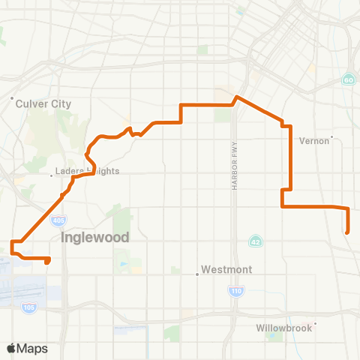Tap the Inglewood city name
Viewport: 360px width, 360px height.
pos(94,237)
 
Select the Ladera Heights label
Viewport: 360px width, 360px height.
pos(87,171)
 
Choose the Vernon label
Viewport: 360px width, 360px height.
pos(314,140)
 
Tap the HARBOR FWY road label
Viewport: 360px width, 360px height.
pos(234,165)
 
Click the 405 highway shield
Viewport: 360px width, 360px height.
pos(58,220)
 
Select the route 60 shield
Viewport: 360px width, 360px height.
pos(348,79)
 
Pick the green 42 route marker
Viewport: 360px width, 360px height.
pos(256,241)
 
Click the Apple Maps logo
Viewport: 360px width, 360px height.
pos(27,348)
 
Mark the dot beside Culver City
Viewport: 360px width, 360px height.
pos(13,98)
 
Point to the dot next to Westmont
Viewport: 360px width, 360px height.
pos(197,274)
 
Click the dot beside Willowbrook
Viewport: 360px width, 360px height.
pos(316,324)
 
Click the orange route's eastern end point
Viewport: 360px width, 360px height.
pos(348,232)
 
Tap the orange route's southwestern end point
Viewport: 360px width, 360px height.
pos(48,262)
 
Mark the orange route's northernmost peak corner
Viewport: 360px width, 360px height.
pos(237,97)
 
